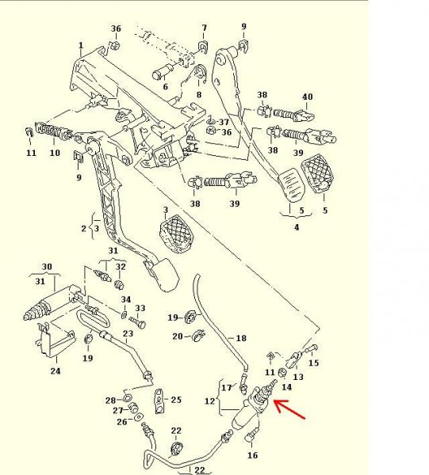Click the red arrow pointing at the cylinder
click(x=289, y=409)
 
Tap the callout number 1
click(x=81, y=45)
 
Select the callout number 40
click(x=307, y=97)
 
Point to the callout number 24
click(x=56, y=370)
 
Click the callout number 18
click(x=241, y=338)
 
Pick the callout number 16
click(x=252, y=455)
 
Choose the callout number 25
click(x=176, y=400)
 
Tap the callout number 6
click(x=166, y=86)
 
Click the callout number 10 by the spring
click(x=55, y=153)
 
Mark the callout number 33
click(x=140, y=309)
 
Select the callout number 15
click(x=314, y=363)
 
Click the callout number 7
click(x=204, y=28)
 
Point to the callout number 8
click(x=199, y=94)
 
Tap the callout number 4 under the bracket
click(x=297, y=227)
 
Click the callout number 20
click(x=178, y=336)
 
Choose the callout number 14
click(x=287, y=387)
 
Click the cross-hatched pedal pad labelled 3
click(x=176, y=234)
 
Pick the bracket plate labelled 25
click(x=159, y=401)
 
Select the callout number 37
click(x=224, y=122)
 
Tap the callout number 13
click(x=298, y=377)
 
